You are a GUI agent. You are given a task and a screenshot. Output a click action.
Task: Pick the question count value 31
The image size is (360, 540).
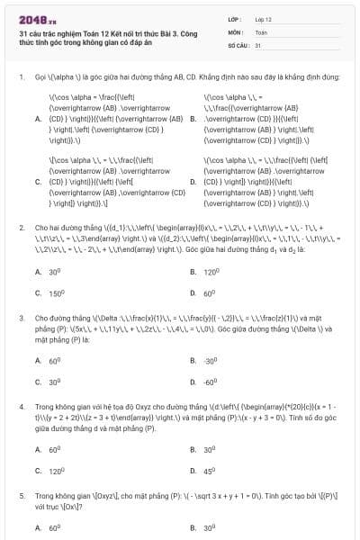258,43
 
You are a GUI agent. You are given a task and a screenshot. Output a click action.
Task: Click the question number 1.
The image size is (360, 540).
21,76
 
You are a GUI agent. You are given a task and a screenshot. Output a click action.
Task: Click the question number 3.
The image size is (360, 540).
21,318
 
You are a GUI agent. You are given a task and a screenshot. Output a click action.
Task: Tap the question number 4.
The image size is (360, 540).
21,407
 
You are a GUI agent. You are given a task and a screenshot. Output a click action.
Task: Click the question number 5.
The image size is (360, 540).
21,495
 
